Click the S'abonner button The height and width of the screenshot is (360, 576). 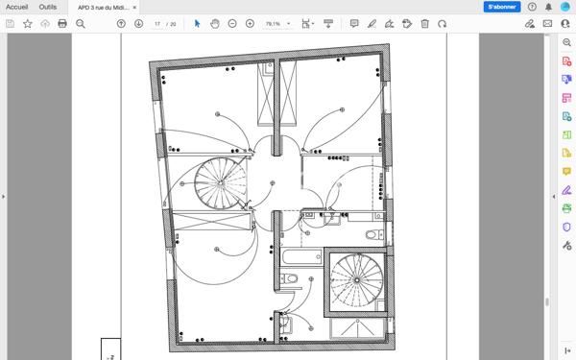(x=502, y=7)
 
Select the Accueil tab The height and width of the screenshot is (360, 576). (x=17, y=7)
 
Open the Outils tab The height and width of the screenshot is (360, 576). (x=48, y=7)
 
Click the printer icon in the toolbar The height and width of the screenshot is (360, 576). (x=62, y=24)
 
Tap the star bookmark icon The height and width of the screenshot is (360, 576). (x=28, y=24)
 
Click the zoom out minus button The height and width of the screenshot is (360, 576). (x=232, y=24)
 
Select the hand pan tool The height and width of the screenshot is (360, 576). (x=214, y=24)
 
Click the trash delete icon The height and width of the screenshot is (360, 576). (x=424, y=24)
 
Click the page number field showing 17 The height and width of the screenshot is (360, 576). (x=157, y=24)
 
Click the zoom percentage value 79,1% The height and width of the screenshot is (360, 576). (x=273, y=24)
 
